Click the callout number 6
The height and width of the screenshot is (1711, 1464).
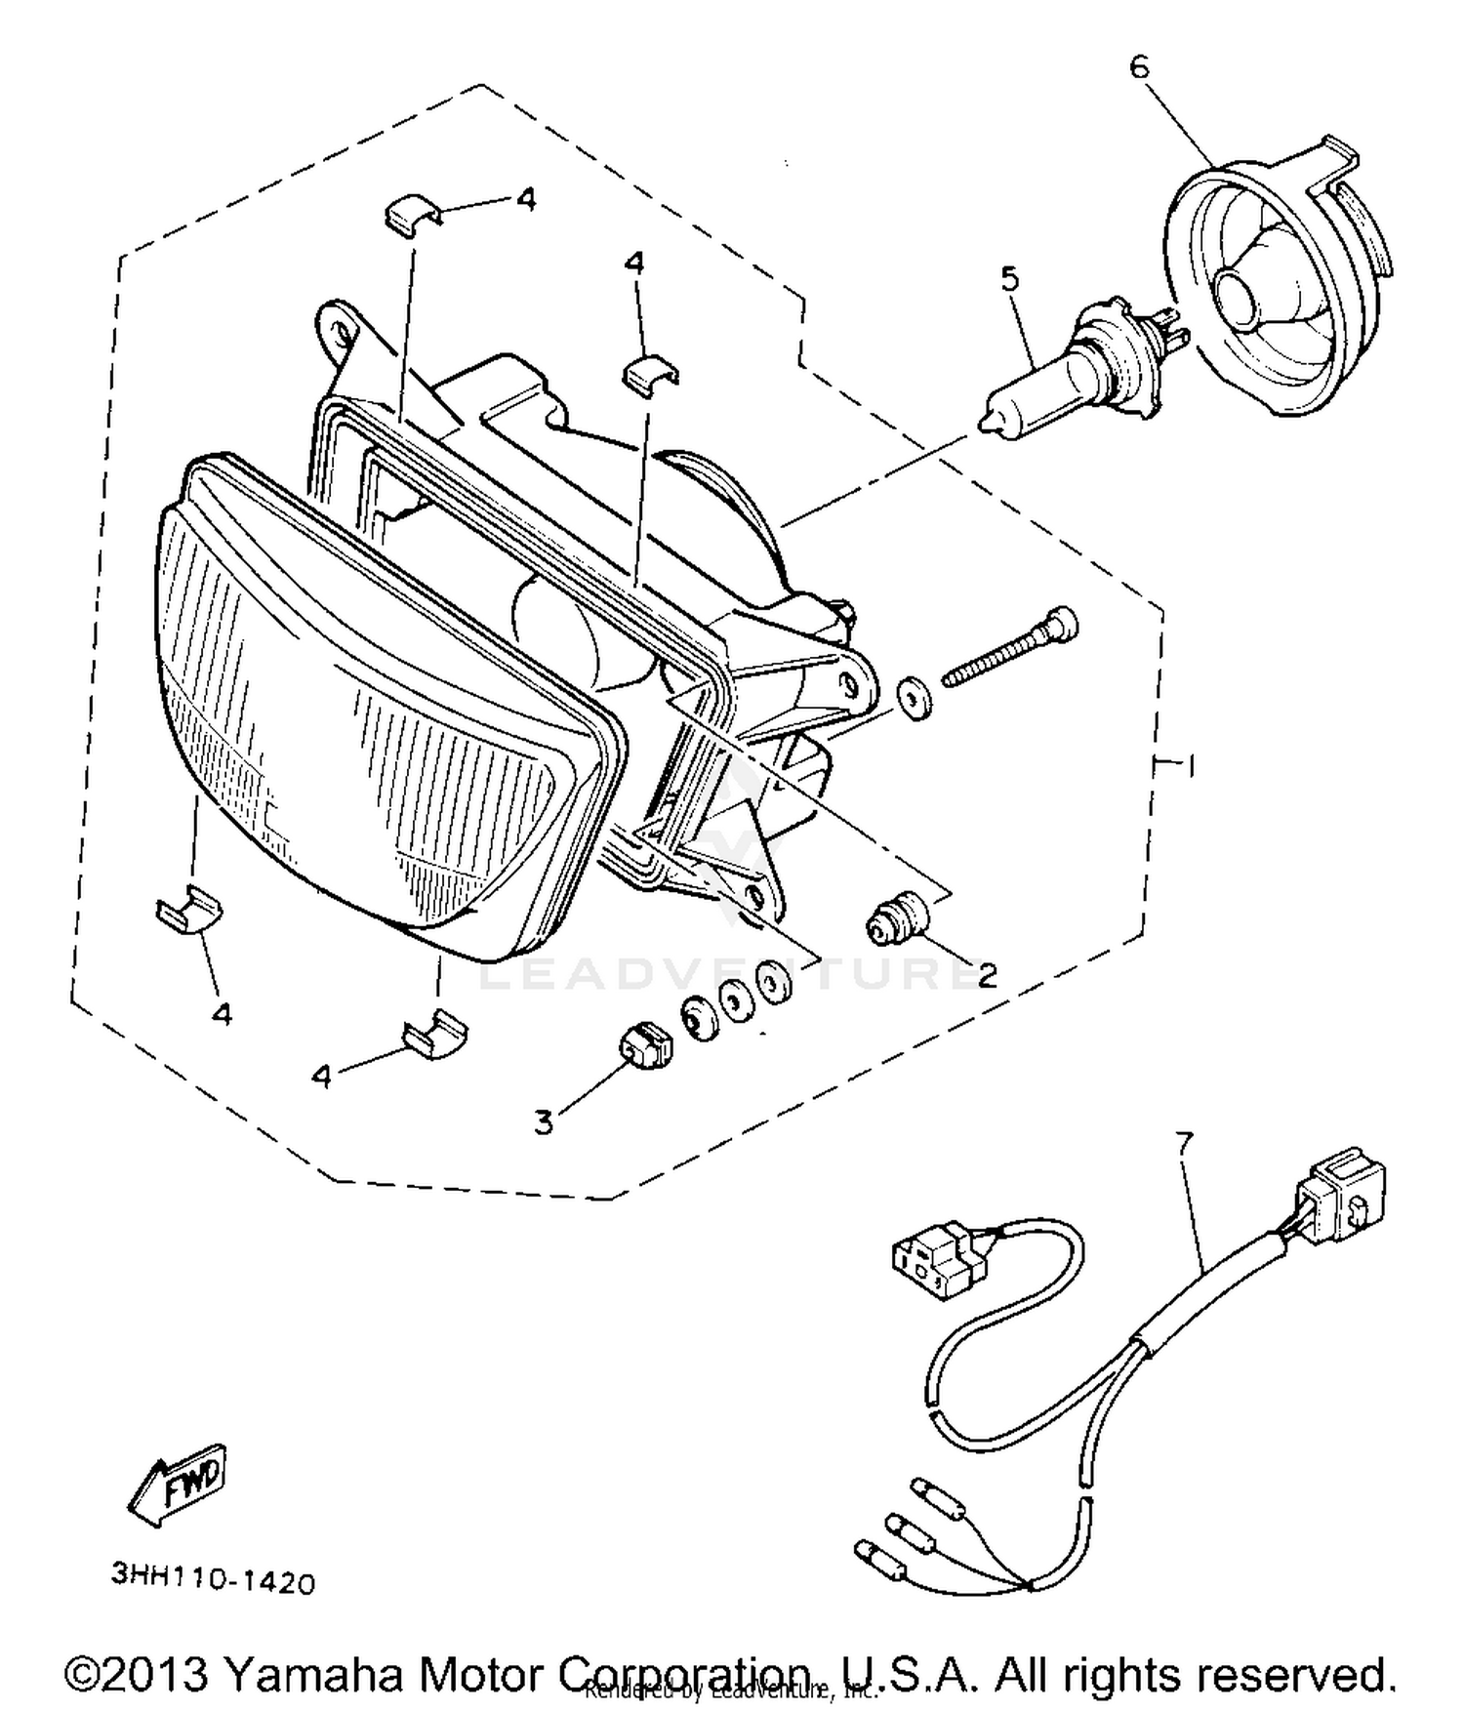(x=1139, y=67)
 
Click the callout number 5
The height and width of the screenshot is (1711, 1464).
(x=1009, y=278)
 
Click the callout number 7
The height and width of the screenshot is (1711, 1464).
(x=1184, y=1141)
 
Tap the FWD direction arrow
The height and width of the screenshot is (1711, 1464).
(x=181, y=1485)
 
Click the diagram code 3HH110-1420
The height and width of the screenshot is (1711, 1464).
(x=214, y=1577)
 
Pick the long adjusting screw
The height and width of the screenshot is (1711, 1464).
(x=1010, y=648)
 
